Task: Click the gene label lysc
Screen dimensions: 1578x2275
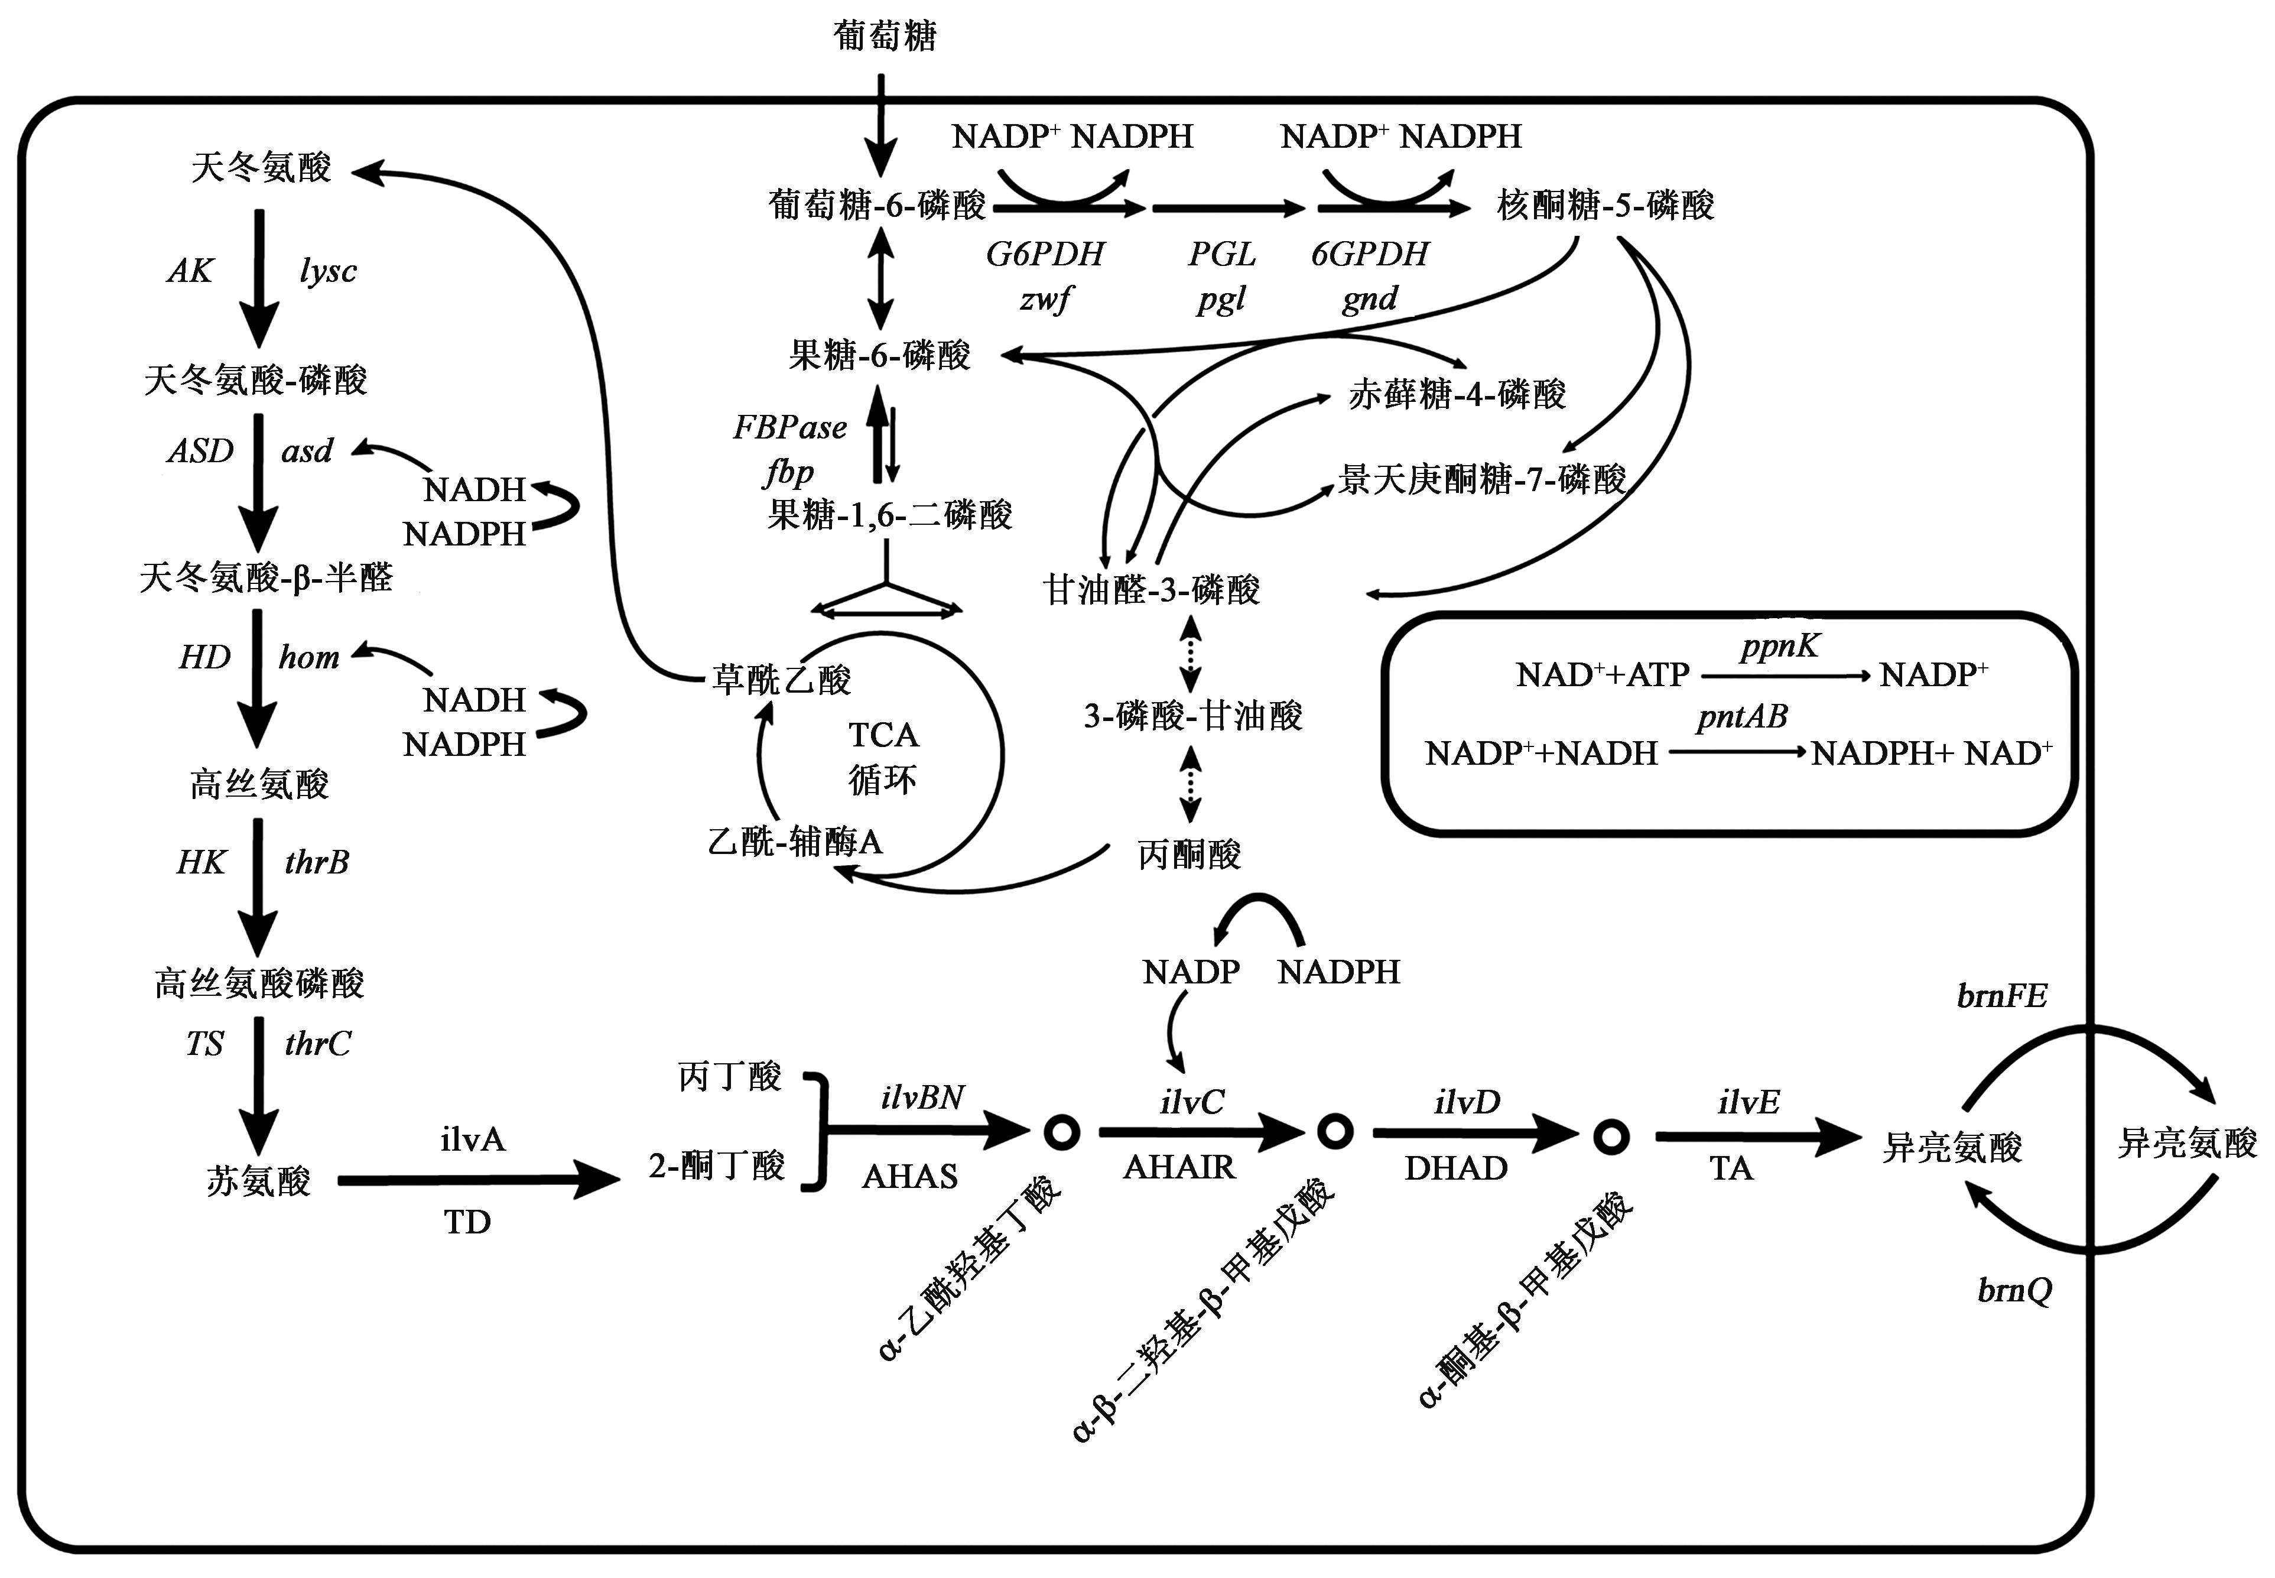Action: (x=327, y=270)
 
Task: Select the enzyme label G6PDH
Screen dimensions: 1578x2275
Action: (x=1045, y=254)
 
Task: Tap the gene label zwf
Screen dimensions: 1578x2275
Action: (x=1045, y=298)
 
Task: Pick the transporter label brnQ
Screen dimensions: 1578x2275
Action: (x=2014, y=1290)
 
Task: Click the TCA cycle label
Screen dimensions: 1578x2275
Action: (x=883, y=756)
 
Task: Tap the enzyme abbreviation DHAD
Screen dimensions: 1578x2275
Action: (x=1456, y=1168)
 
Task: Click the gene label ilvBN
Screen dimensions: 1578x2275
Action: (x=922, y=1098)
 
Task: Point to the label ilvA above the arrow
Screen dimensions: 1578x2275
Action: (x=472, y=1140)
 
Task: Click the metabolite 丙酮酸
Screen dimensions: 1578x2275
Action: (x=1189, y=854)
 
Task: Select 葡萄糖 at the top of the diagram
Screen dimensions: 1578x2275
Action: (x=885, y=37)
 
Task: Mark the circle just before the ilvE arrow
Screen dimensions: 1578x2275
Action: (x=1611, y=1137)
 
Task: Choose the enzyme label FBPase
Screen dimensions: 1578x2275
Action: (x=789, y=427)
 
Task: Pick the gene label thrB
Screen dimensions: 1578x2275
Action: (x=316, y=862)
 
